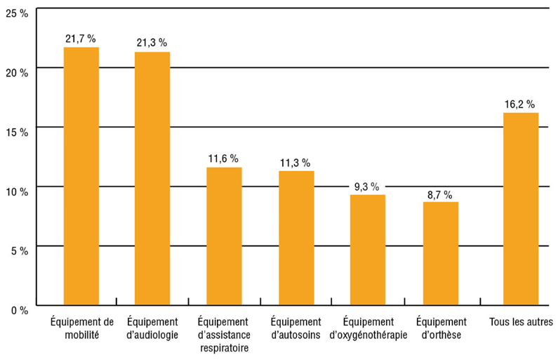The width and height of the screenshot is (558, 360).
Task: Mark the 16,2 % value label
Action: pyautogui.click(x=521, y=104)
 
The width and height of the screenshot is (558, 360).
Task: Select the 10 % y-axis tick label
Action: pyautogui.click(x=16, y=190)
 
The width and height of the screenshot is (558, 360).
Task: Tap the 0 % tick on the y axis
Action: pyautogui.click(x=19, y=309)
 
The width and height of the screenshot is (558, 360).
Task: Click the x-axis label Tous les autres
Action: pyautogui.click(x=521, y=322)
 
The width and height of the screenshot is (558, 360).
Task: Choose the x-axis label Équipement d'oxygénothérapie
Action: pyautogui.click(x=368, y=328)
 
